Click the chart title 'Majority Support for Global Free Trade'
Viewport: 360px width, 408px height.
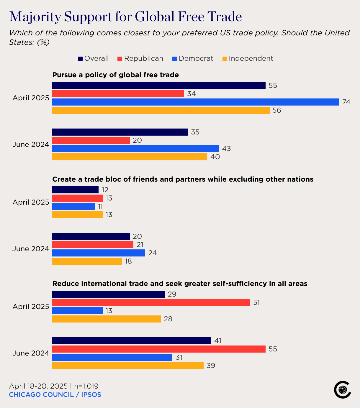(125, 17)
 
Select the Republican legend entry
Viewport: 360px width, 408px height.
(140, 58)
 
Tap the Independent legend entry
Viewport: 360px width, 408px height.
(248, 58)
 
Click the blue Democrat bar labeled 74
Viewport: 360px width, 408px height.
(196, 102)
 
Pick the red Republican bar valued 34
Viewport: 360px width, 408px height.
(118, 94)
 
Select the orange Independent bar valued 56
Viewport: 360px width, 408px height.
(161, 110)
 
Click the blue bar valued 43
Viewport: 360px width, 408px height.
(135, 149)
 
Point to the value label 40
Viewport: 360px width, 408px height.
(215, 157)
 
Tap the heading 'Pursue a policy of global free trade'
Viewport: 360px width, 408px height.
(115, 75)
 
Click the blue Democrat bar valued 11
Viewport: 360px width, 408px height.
(73, 206)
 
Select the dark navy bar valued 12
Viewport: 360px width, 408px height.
(75, 190)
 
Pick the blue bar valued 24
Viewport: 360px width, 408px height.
(99, 253)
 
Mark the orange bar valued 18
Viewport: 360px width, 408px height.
(87, 261)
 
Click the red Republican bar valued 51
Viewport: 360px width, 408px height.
(151, 302)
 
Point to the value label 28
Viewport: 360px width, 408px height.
(168, 319)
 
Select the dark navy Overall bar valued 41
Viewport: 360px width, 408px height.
(132, 341)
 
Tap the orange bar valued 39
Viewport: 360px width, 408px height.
(128, 366)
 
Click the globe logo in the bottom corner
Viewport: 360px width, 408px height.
(342, 390)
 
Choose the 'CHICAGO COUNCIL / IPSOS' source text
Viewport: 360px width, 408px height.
(55, 394)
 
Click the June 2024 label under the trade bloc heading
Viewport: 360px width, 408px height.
(31, 249)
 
